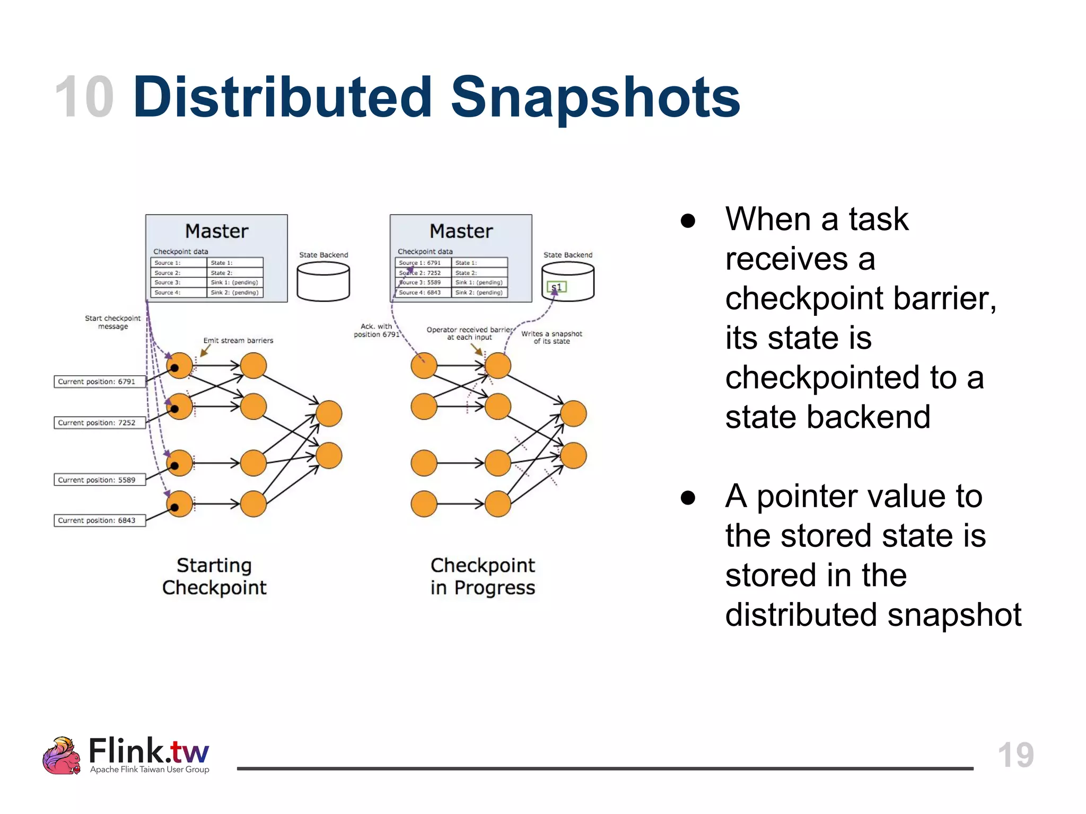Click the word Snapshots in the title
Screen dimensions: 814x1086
click(x=595, y=98)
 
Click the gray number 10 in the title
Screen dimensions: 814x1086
click(x=84, y=98)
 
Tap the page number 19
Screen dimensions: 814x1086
click(x=1015, y=755)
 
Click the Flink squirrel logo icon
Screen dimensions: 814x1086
click(x=61, y=756)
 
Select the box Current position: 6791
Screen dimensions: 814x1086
click(x=99, y=382)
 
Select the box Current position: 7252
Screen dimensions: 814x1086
click(x=99, y=423)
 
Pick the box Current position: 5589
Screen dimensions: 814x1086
click(x=99, y=480)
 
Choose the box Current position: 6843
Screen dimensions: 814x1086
click(x=99, y=520)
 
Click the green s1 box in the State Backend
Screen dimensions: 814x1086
click(x=557, y=287)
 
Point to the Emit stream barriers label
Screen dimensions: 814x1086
click(x=238, y=340)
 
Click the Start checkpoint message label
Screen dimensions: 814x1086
click(x=113, y=322)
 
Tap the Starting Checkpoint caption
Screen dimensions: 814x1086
click(x=214, y=577)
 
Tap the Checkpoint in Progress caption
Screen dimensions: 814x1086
click(x=483, y=577)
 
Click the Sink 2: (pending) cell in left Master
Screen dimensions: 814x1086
click(x=234, y=293)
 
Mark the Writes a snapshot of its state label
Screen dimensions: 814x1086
click(x=551, y=338)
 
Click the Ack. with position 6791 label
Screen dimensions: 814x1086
click(x=376, y=330)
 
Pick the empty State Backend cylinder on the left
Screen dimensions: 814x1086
click(x=323, y=282)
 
